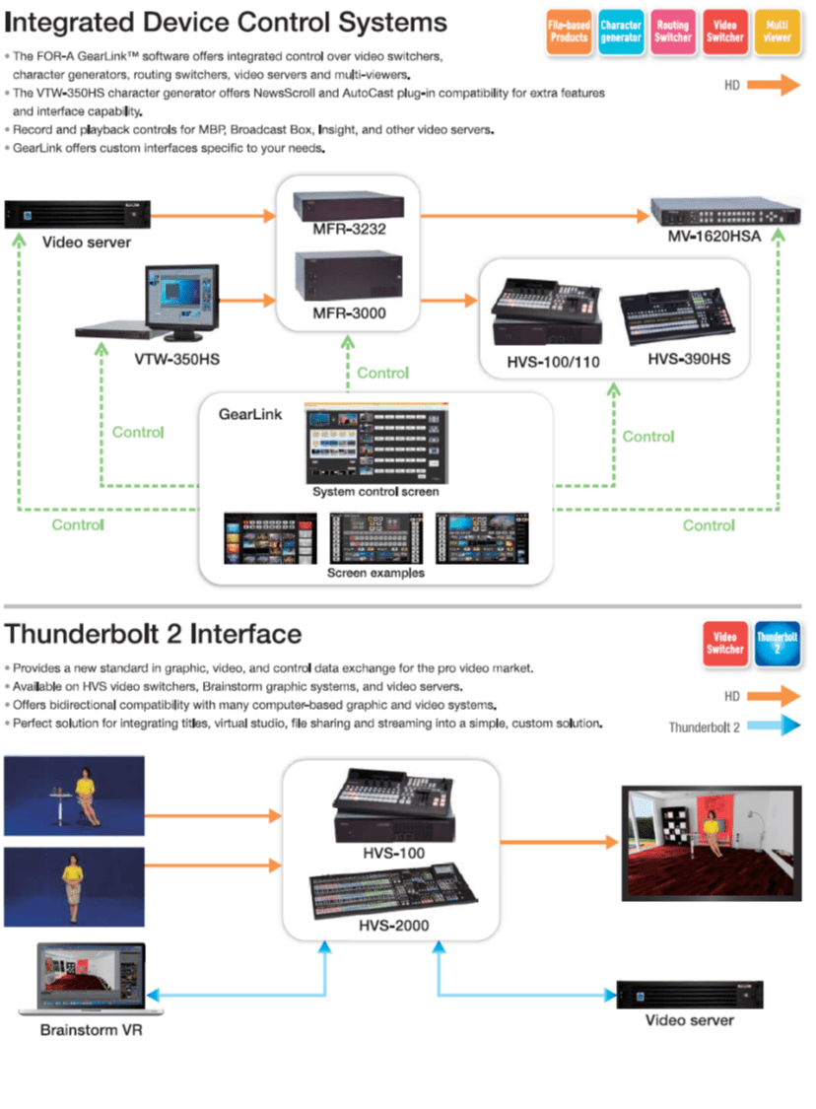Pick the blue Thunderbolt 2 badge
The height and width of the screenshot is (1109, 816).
(x=777, y=643)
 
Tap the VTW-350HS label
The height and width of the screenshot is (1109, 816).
(x=177, y=359)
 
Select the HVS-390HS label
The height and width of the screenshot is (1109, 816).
(x=689, y=361)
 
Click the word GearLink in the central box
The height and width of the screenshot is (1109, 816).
(x=250, y=414)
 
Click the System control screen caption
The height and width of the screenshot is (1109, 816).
(x=375, y=492)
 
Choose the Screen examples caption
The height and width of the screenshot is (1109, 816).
(x=375, y=573)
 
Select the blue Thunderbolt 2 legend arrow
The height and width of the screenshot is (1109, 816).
(x=774, y=727)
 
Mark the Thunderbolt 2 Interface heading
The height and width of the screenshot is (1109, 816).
(x=154, y=633)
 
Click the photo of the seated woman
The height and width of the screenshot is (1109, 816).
(x=75, y=796)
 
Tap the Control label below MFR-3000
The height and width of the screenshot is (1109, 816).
(x=382, y=373)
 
